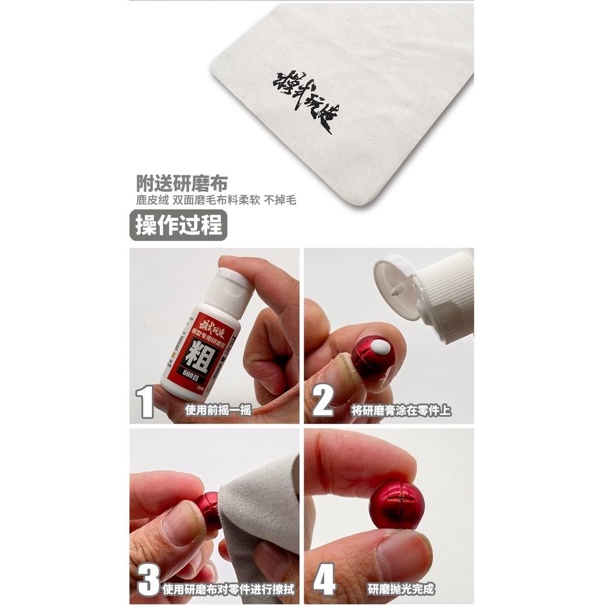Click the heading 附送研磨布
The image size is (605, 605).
click(x=181, y=183)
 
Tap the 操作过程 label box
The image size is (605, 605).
click(x=178, y=226)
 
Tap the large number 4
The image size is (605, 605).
click(x=324, y=580)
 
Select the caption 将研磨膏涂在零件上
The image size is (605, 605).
click(x=401, y=411)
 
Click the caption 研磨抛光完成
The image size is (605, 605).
click(x=401, y=589)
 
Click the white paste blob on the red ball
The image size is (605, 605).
click(x=381, y=347)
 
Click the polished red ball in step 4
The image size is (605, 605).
click(x=396, y=505)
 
